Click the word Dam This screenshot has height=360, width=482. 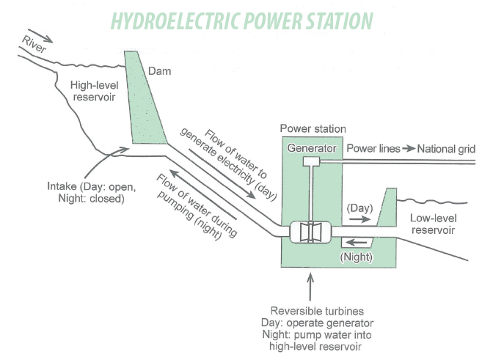point(159,71)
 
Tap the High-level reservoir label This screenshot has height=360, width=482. point(94,91)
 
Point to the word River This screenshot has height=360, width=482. point(34,44)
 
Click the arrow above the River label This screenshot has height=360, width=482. point(40,36)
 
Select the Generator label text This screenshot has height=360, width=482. point(312,148)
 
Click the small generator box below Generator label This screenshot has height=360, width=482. point(312,161)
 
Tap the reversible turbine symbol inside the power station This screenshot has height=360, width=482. point(310,232)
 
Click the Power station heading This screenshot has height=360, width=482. point(313,129)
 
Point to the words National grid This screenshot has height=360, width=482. point(446,149)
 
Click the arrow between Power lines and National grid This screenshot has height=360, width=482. point(409,149)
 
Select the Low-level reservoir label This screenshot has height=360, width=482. point(434,224)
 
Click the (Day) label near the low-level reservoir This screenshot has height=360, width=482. point(359,208)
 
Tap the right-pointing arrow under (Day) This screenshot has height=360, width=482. point(360,219)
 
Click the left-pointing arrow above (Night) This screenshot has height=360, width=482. point(356,243)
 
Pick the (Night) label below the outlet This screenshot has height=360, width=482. point(357,257)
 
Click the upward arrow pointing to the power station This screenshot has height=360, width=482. point(310,287)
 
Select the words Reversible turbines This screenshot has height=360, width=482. point(317,311)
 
